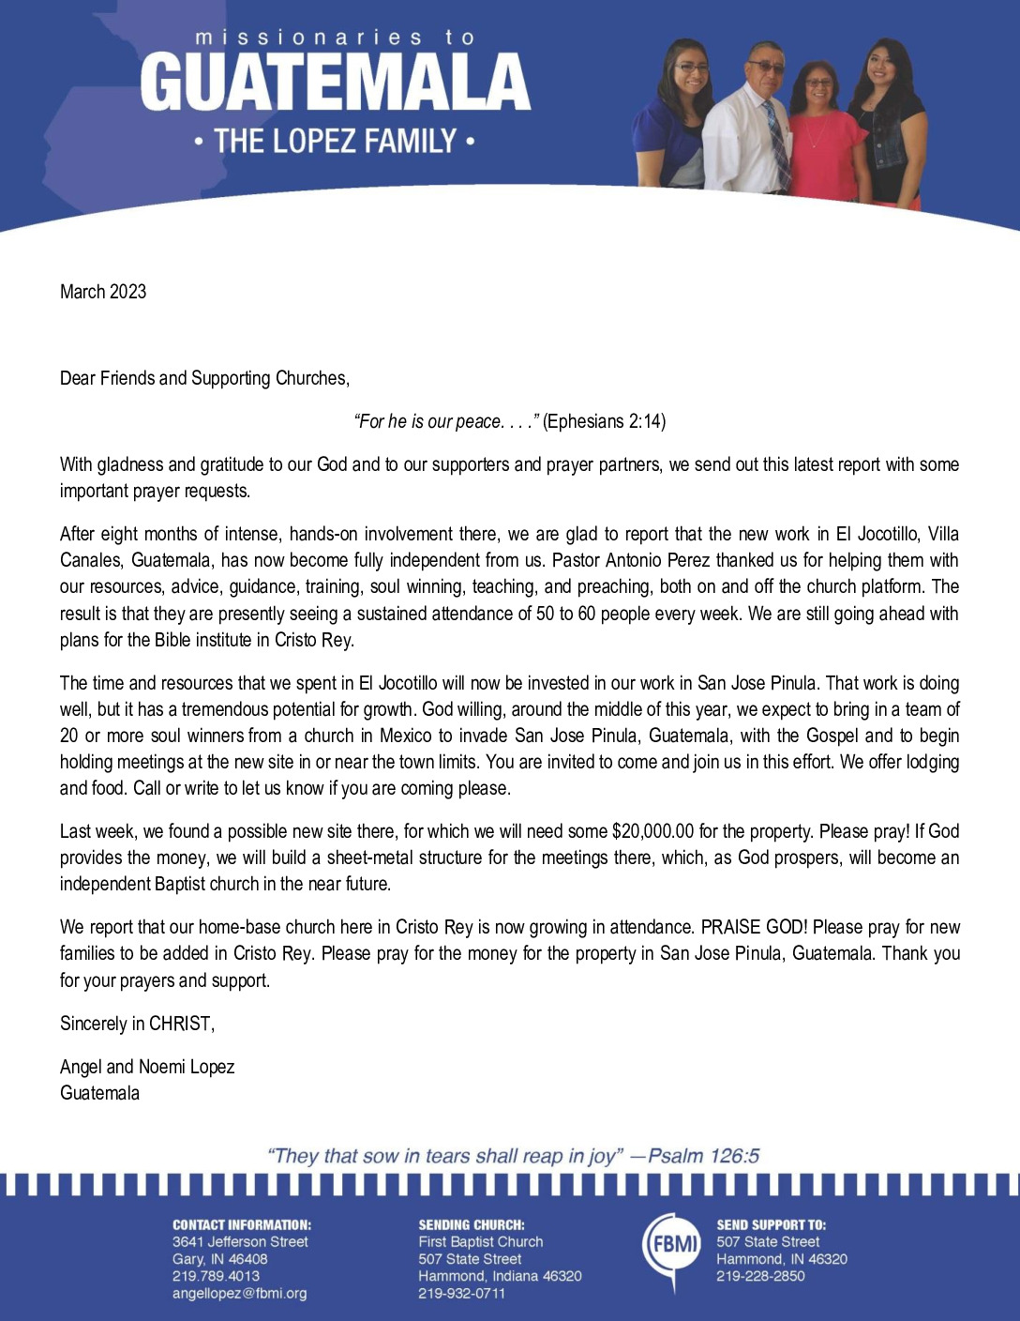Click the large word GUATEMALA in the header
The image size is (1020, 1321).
[x=336, y=83]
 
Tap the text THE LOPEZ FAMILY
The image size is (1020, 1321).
[x=335, y=143]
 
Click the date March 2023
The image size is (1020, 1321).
[x=103, y=292]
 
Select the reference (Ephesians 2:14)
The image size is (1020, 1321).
[x=605, y=421]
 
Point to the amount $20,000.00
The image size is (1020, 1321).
[x=652, y=831]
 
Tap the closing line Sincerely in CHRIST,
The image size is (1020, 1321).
[x=137, y=1024]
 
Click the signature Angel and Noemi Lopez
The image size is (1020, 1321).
[x=147, y=1067]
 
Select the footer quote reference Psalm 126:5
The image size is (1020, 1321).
[x=704, y=1156]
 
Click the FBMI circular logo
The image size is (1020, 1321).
[x=672, y=1246]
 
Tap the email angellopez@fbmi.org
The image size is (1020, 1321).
[x=239, y=1294]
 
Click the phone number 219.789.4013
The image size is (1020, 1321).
[x=216, y=1276]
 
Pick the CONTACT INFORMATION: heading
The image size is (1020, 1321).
[x=242, y=1224]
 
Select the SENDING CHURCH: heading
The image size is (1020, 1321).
[x=472, y=1224]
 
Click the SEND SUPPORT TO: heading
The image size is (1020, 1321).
[x=772, y=1224]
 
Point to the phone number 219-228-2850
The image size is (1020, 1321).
[x=760, y=1276]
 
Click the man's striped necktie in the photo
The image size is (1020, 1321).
[x=777, y=145]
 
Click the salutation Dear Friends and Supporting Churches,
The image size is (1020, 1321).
[x=204, y=378]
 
